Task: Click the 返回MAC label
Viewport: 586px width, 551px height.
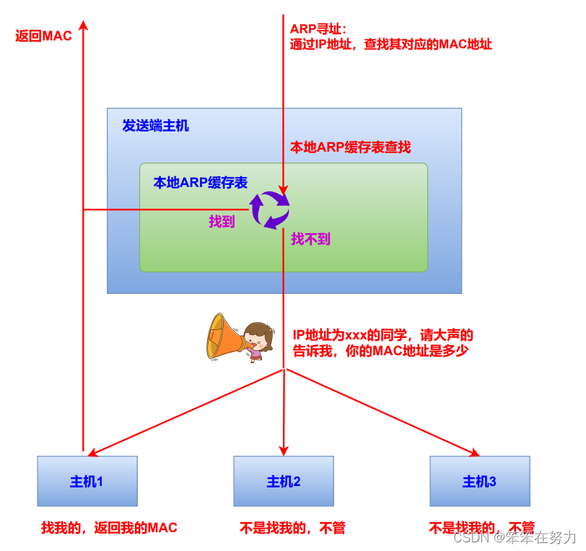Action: point(44,36)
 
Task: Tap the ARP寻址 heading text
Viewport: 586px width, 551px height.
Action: point(318,29)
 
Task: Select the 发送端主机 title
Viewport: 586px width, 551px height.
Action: point(155,126)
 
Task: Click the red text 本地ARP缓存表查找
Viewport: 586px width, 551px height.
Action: point(350,147)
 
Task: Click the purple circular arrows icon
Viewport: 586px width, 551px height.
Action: point(270,209)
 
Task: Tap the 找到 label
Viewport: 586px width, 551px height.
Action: point(222,222)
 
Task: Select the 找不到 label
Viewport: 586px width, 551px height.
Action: point(310,239)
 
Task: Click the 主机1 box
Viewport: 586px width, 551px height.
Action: point(87,481)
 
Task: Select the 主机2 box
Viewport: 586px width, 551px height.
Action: point(284,481)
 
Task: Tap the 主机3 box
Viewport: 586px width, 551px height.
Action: point(480,481)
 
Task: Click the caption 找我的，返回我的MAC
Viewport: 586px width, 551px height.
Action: point(109,528)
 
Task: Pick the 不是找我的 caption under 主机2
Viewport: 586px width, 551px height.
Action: point(292,528)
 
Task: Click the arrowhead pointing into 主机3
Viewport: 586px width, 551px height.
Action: point(475,453)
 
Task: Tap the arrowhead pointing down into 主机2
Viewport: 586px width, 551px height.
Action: point(284,450)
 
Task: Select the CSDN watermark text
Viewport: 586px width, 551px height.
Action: point(514,537)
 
